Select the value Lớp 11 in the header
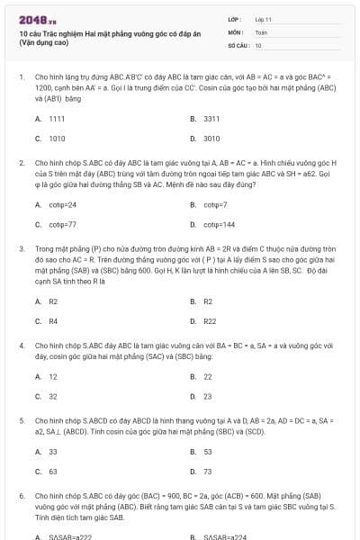(264, 18)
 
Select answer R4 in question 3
(53, 321)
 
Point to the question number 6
(21, 495)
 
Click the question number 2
(21, 163)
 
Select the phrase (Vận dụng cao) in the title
(49, 42)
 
